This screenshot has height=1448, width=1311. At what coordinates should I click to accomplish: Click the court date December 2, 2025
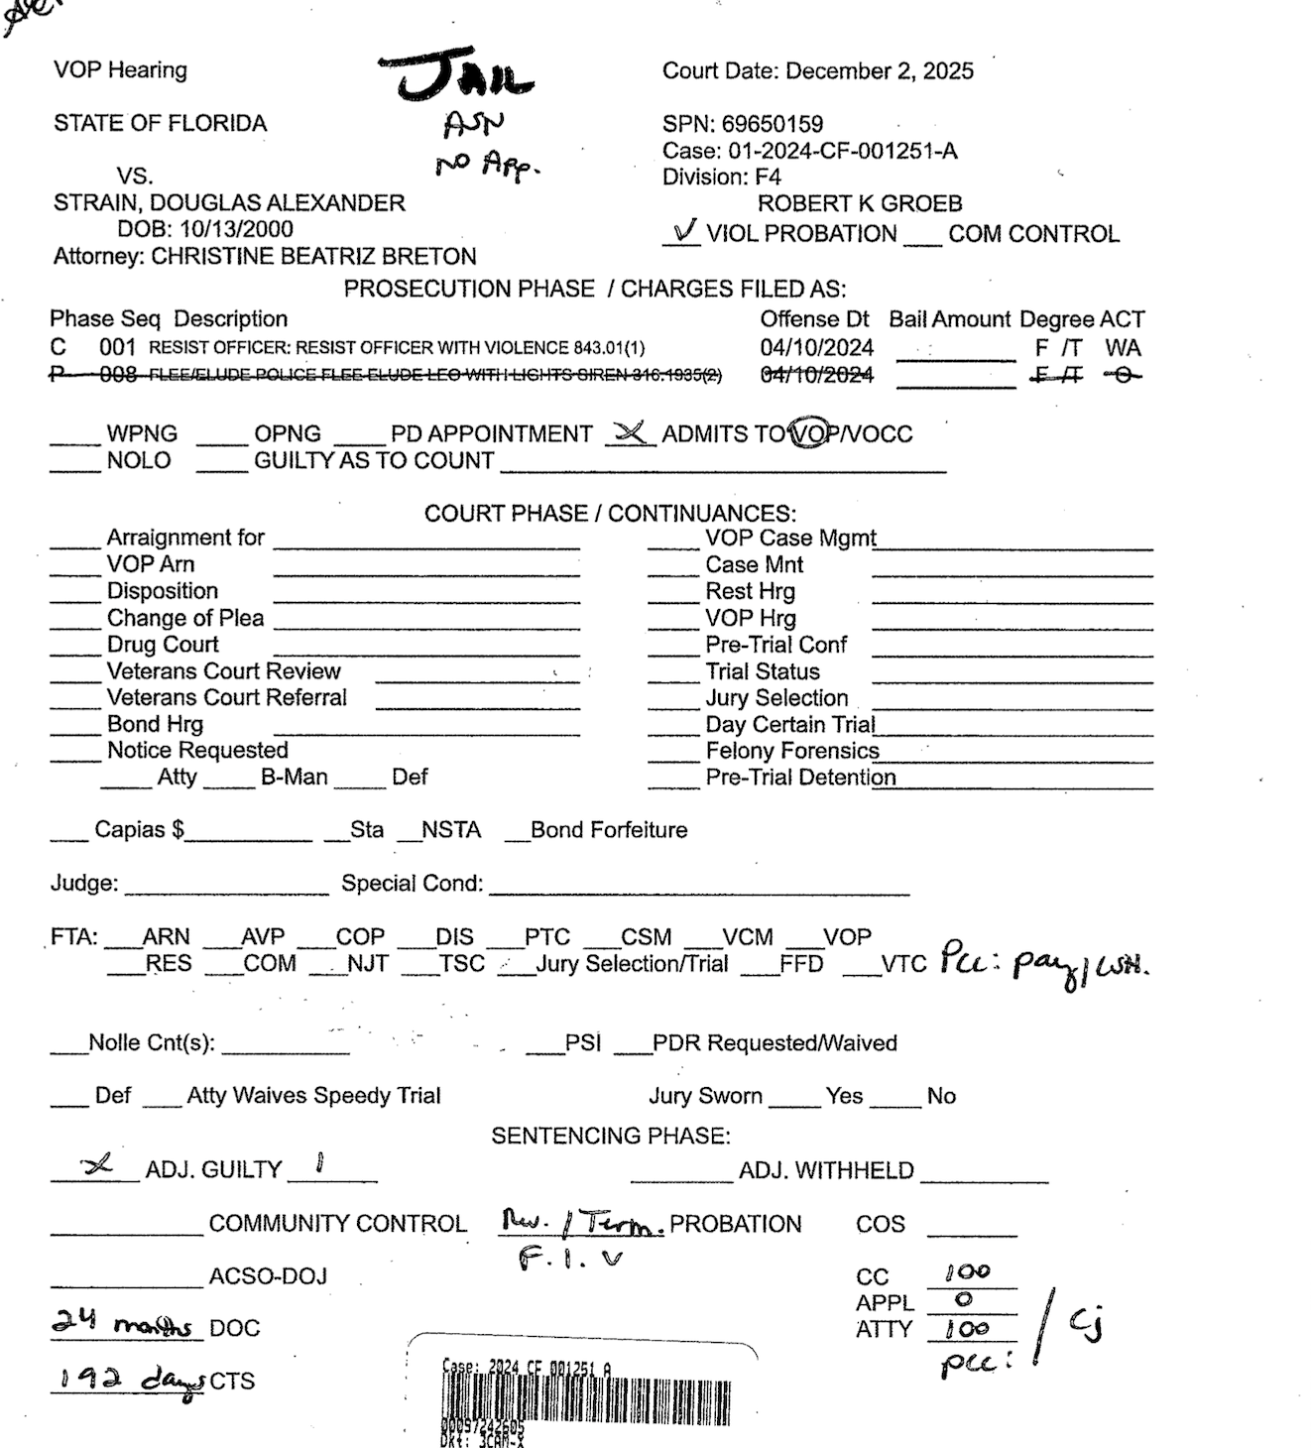pos(879,71)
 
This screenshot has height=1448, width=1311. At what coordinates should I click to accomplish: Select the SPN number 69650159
pos(773,124)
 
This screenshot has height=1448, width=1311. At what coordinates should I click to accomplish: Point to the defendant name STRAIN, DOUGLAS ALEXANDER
pos(229,203)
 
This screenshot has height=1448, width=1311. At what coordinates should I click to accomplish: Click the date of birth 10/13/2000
pos(236,229)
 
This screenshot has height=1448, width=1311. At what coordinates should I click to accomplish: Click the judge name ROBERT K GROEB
pos(860,204)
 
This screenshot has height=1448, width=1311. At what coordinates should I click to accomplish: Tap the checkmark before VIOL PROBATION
pos(683,232)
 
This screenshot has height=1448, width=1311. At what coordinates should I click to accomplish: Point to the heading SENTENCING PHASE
pos(610,1136)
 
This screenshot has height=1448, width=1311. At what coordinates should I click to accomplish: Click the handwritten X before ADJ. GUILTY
pos(96,1166)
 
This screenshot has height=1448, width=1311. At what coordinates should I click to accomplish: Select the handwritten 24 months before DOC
pos(122,1323)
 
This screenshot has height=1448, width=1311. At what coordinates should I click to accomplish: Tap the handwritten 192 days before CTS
pos(129,1380)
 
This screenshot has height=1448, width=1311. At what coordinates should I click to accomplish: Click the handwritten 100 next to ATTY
pos(967,1328)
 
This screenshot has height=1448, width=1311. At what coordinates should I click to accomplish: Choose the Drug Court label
pos(162,645)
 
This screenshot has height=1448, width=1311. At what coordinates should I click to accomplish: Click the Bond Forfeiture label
pos(608,830)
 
